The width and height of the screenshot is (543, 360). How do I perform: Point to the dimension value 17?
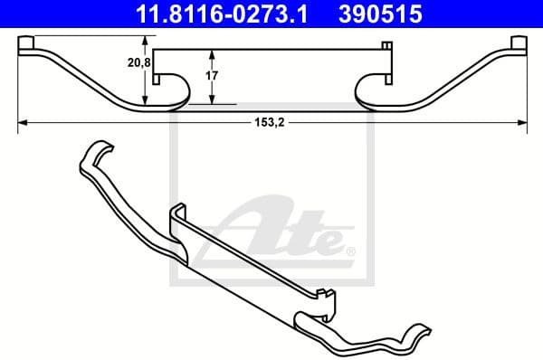(211, 77)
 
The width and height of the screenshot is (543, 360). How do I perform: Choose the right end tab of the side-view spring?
(518, 44)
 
